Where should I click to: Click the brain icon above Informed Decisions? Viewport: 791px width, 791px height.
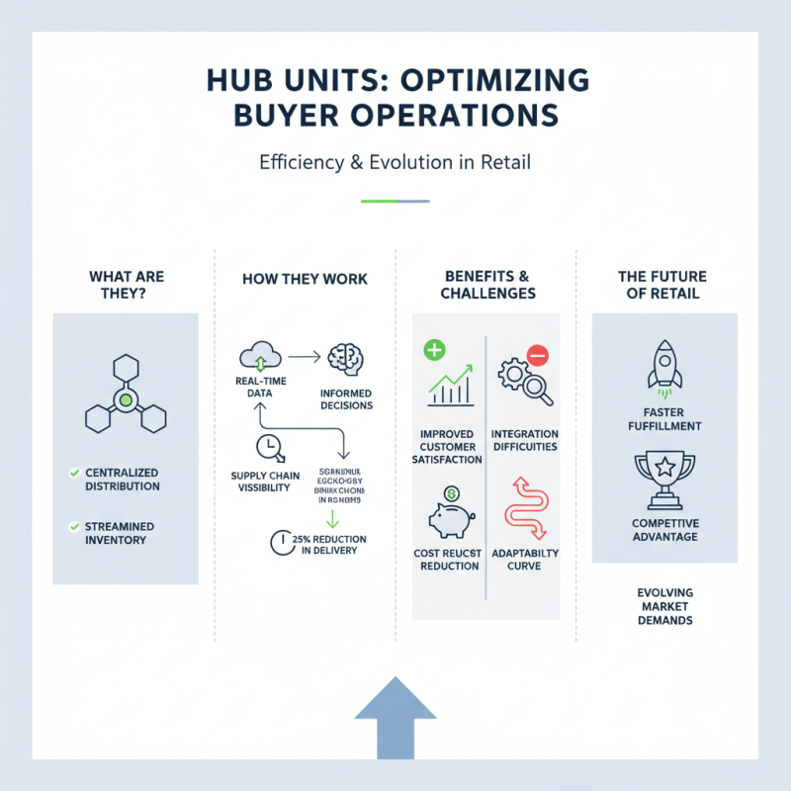coord(346,359)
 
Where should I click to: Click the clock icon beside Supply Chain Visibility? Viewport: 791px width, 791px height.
coord(267,447)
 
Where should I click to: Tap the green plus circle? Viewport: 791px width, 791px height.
coord(434,350)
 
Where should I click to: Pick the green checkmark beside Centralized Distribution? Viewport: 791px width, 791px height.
coord(74,474)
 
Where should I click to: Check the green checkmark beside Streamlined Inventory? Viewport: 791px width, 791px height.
coord(74,526)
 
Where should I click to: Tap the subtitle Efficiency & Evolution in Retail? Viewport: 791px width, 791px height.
coord(395,162)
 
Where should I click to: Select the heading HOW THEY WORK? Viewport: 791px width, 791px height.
coord(305,279)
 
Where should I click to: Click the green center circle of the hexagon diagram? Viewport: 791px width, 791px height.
coord(125,400)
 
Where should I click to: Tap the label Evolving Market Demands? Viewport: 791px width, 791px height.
coord(664,606)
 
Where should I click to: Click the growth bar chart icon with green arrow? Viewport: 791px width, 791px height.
coord(451,387)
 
